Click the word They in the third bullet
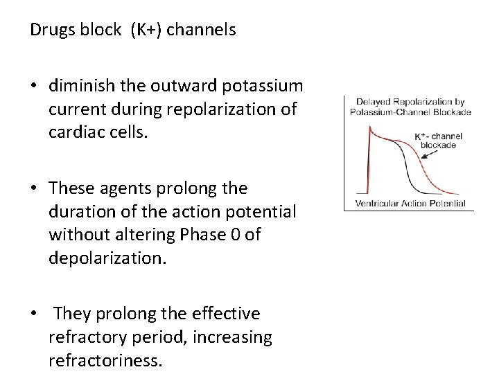[x=71, y=314]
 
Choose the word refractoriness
[x=105, y=361]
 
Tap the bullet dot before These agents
[x=34, y=189]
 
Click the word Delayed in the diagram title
[x=372, y=103]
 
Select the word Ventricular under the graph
[x=378, y=204]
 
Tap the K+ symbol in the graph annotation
[x=421, y=136]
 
